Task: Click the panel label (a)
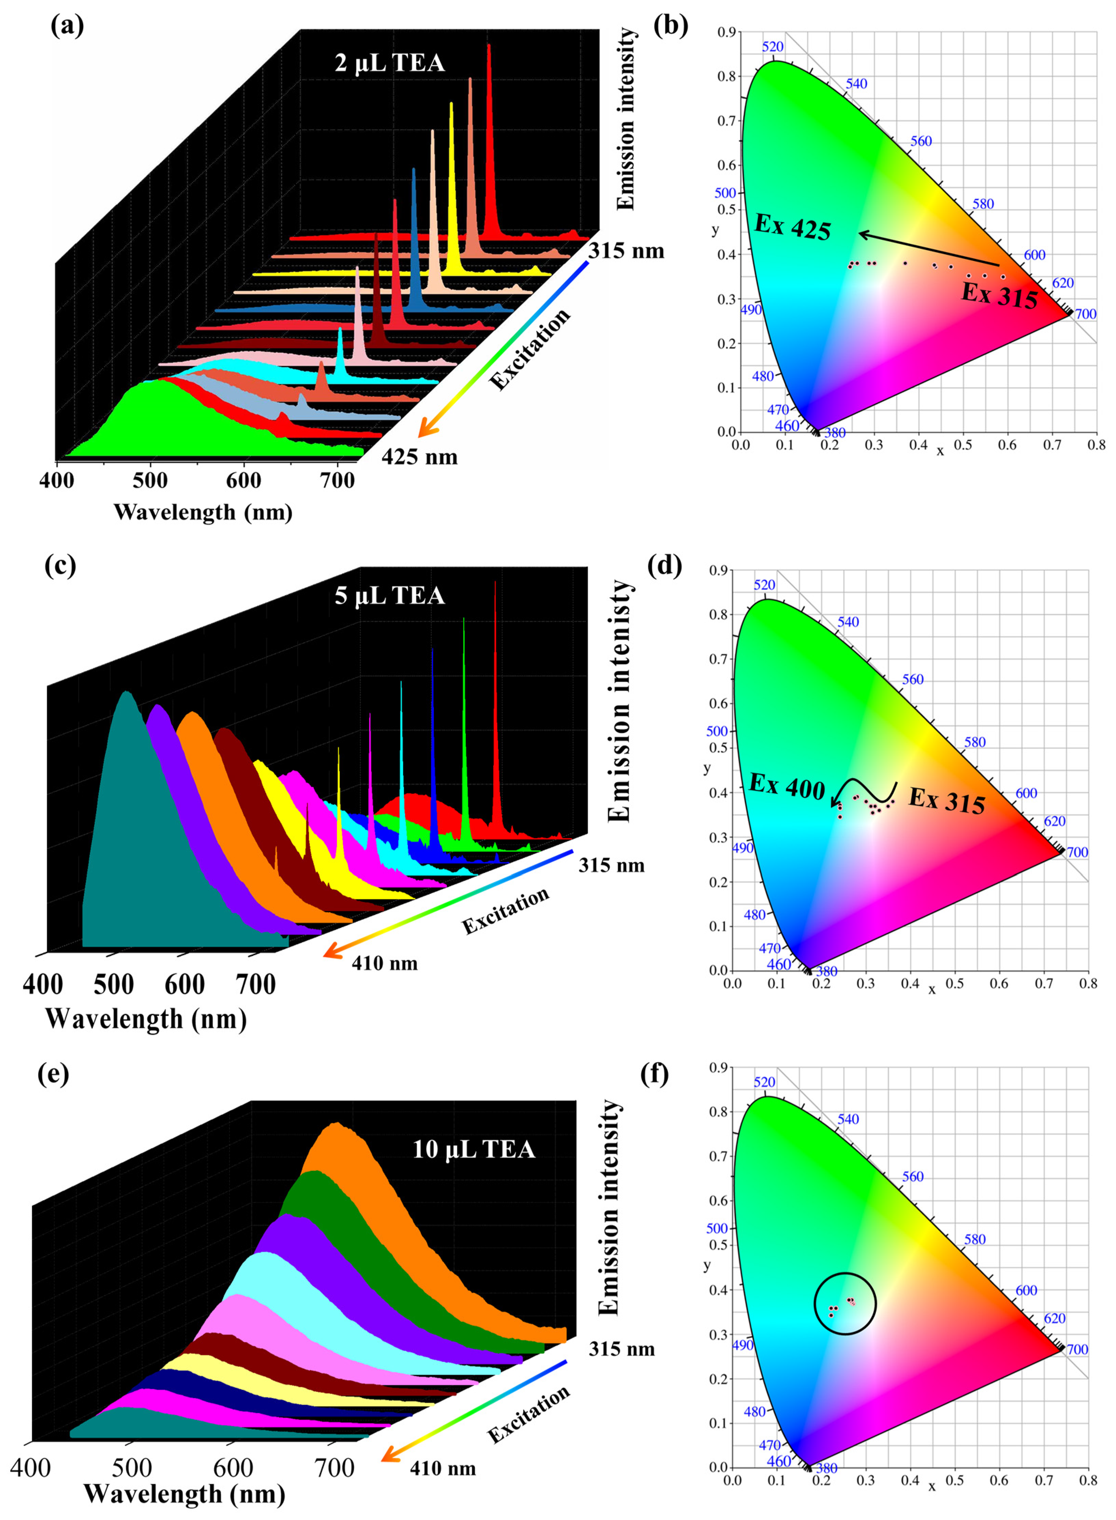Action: click(68, 27)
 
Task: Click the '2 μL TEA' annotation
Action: click(390, 63)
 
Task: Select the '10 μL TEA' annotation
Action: click(473, 1149)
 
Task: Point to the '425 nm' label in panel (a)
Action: click(420, 457)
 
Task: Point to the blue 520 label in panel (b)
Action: click(773, 47)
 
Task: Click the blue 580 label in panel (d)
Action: click(974, 742)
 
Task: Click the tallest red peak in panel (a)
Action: click(488, 135)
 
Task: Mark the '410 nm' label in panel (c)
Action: click(384, 963)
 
